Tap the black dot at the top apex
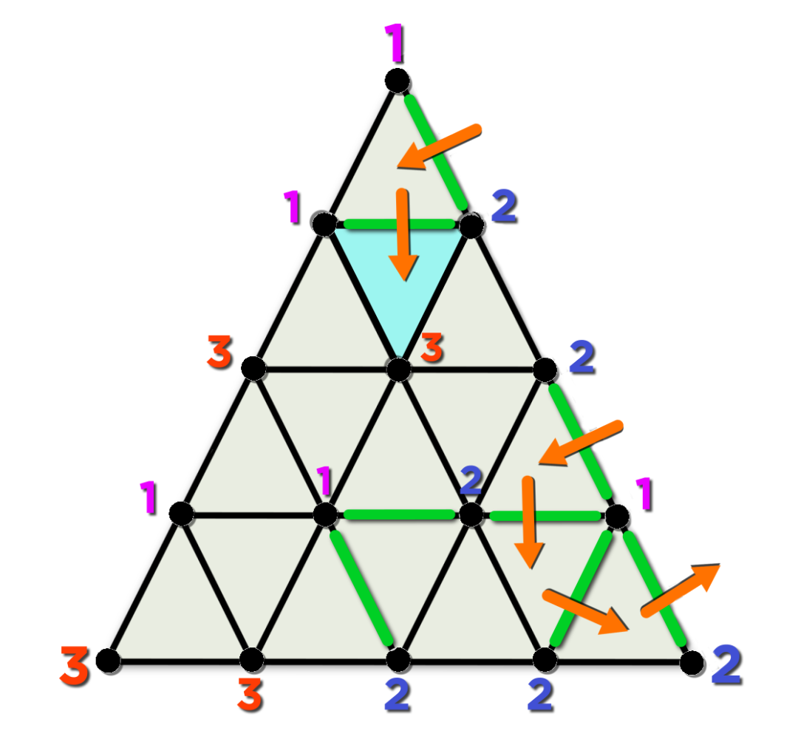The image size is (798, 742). [398, 81]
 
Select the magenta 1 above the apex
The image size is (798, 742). [395, 43]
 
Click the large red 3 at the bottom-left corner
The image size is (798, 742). [75, 665]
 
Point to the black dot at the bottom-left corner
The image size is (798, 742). [108, 661]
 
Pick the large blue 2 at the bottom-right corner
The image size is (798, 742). [726, 664]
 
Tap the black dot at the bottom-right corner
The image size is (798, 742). [692, 663]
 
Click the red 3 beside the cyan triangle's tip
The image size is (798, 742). [432, 347]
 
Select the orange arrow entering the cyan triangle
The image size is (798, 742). [403, 234]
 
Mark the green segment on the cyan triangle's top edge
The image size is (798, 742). [400, 224]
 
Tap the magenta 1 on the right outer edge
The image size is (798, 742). [644, 493]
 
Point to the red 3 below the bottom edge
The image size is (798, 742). [250, 694]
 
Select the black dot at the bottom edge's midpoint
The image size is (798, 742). [398, 660]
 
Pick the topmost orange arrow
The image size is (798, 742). [439, 146]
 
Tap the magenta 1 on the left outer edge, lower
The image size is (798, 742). [149, 497]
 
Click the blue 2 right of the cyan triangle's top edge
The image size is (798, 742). [505, 206]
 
